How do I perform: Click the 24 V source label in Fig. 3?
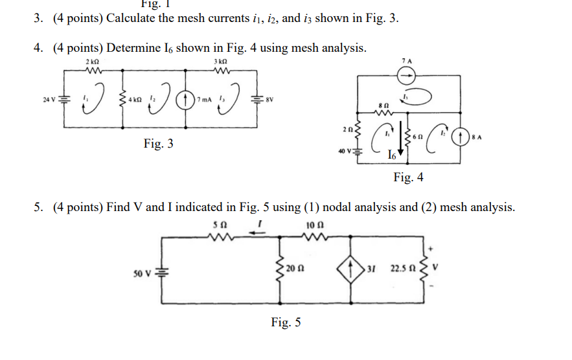(x=47, y=99)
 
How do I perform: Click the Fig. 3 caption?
(x=159, y=144)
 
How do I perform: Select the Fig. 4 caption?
(x=408, y=177)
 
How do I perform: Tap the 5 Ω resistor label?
(x=218, y=224)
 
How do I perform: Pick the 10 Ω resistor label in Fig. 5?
(x=314, y=224)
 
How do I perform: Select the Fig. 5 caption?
(x=286, y=322)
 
